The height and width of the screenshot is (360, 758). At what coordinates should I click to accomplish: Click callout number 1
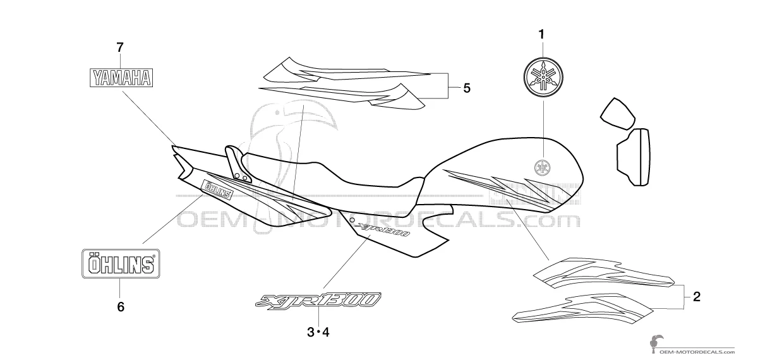[541, 35]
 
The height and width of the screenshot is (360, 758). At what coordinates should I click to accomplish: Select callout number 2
[696, 297]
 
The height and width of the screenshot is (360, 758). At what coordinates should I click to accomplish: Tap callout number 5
[467, 88]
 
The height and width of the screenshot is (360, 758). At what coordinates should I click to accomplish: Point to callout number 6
[121, 307]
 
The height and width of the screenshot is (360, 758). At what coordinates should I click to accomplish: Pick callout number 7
[120, 48]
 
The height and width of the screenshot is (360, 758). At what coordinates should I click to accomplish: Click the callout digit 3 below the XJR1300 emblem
[311, 332]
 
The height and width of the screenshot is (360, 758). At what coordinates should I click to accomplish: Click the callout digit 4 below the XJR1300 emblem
[325, 332]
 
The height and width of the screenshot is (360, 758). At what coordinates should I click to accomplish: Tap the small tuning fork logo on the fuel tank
[542, 167]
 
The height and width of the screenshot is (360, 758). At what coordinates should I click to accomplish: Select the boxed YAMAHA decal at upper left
[121, 78]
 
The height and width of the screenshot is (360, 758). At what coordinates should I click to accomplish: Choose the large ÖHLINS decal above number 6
[121, 264]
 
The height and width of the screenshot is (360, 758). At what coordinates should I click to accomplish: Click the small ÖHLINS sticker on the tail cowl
[217, 190]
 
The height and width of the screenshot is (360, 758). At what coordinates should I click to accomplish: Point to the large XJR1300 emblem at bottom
[318, 301]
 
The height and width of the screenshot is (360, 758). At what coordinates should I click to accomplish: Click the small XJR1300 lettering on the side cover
[384, 230]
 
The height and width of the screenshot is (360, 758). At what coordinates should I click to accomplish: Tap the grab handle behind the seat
[238, 164]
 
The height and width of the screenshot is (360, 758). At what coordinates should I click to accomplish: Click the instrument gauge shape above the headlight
[618, 114]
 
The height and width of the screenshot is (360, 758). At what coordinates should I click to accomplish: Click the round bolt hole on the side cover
[352, 220]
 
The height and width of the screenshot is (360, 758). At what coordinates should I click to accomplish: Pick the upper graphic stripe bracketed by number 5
[347, 70]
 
